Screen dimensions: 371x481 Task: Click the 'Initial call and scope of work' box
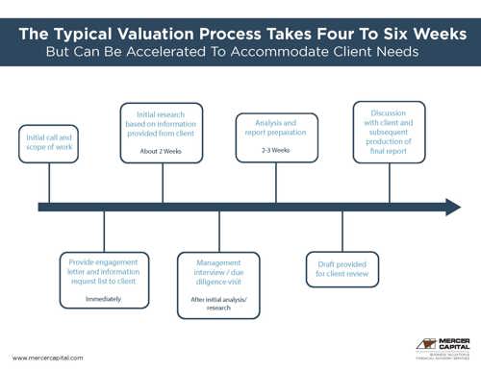point(48,147)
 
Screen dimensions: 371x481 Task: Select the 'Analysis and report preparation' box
point(277,136)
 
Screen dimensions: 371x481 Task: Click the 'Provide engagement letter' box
point(103,280)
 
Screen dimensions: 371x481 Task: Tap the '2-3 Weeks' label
point(277,151)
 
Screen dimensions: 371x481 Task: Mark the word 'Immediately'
point(103,299)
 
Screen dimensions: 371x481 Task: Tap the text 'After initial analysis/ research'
point(218,307)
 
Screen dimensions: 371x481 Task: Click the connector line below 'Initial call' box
point(48,184)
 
